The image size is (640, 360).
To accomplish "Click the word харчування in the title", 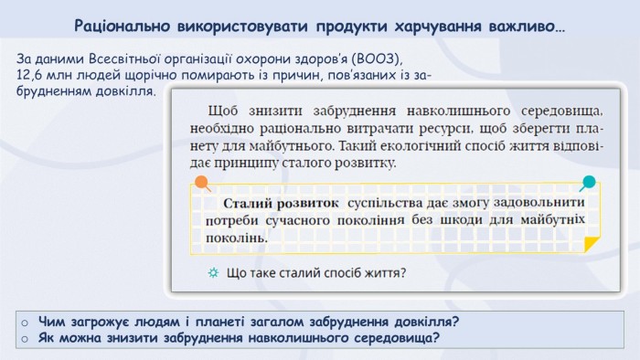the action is tap(438, 26).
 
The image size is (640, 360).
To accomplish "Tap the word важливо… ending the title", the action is tap(527, 26).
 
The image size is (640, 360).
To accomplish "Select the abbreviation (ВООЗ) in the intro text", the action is tap(378, 59).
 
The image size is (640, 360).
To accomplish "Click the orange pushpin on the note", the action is tap(202, 183).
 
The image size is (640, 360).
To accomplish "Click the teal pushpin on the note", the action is tap(588, 183).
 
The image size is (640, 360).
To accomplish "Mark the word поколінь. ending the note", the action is tap(236, 238).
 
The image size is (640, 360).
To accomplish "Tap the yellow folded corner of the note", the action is tap(591, 244).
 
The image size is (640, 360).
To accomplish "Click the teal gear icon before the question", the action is tap(213, 272).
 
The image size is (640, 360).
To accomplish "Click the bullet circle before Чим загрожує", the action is tap(25, 323).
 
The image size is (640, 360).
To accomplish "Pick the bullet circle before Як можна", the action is tap(25, 339).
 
